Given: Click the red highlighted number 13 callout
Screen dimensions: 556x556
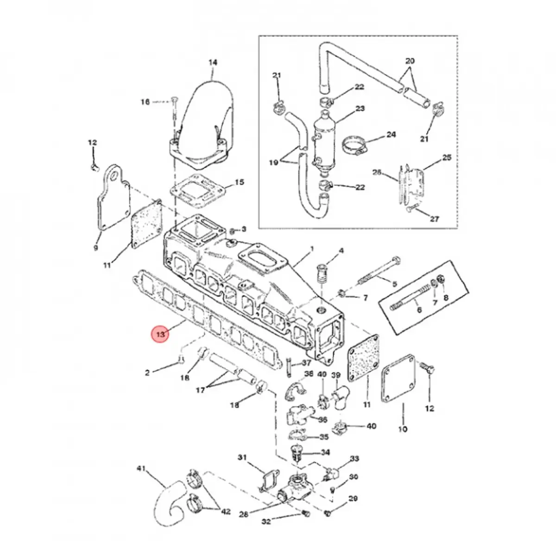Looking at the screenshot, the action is (x=160, y=335).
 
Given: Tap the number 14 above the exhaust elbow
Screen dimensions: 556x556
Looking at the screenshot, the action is (x=213, y=63).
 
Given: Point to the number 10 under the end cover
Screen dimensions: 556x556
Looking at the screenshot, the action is (x=403, y=437).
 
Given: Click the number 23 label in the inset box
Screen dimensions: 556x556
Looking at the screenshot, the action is (x=360, y=108).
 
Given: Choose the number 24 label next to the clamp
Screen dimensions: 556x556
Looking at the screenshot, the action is (x=391, y=134).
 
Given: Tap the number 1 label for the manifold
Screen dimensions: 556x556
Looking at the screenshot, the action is (x=312, y=248).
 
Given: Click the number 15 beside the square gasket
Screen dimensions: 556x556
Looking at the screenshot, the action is (x=239, y=182).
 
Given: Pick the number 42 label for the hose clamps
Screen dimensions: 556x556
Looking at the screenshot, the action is (x=226, y=512).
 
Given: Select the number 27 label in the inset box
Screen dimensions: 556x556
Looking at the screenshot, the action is (x=435, y=219).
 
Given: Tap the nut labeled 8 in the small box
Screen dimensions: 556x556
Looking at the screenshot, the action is (x=441, y=279).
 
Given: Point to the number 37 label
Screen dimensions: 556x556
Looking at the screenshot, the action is (x=306, y=363).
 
